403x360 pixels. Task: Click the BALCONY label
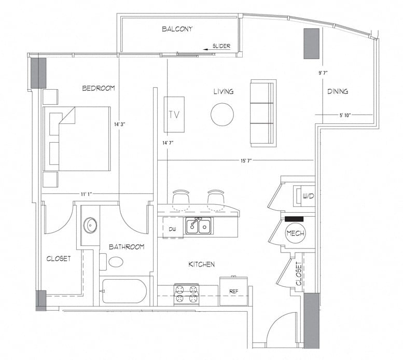[x=177, y=29]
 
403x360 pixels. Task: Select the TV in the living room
[x=174, y=115]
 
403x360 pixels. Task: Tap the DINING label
[x=337, y=92]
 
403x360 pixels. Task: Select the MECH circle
[x=295, y=233]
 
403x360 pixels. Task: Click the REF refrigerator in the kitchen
[x=233, y=292]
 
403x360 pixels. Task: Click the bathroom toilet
[x=116, y=261]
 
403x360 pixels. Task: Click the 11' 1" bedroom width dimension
[x=87, y=194]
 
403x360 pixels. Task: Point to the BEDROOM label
[x=99, y=88]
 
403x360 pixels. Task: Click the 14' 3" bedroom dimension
[x=120, y=124]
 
